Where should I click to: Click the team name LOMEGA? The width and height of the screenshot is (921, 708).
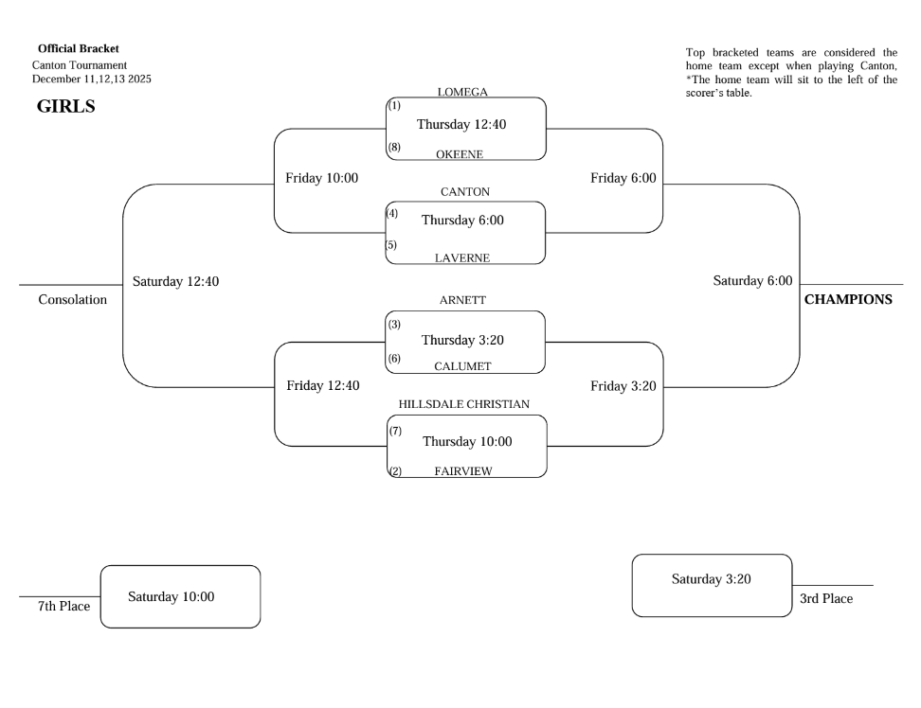462,92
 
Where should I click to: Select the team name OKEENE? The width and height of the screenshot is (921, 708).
460,154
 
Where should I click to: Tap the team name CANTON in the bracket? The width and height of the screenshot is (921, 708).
465,191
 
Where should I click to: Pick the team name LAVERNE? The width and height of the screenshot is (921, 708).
462,257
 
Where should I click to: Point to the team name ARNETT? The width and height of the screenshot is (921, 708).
462,300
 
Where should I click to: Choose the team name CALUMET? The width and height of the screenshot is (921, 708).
462,365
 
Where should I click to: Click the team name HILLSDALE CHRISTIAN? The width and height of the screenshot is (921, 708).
463,403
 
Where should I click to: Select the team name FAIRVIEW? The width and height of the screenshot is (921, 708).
462,470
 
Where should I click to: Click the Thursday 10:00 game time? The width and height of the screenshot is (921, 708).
467,442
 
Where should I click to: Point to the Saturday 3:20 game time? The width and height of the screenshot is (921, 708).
711,579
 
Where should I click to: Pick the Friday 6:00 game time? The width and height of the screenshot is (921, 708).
623,178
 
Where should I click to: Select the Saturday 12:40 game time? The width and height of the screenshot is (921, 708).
176,281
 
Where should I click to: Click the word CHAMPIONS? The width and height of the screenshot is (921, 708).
848,300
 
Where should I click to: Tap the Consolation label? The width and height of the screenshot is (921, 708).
72,300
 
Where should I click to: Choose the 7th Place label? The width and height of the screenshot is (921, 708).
63,606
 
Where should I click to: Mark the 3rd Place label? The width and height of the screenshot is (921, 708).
826,598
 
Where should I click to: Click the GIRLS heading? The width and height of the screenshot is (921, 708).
65,106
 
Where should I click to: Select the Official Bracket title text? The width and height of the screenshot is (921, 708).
79,48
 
